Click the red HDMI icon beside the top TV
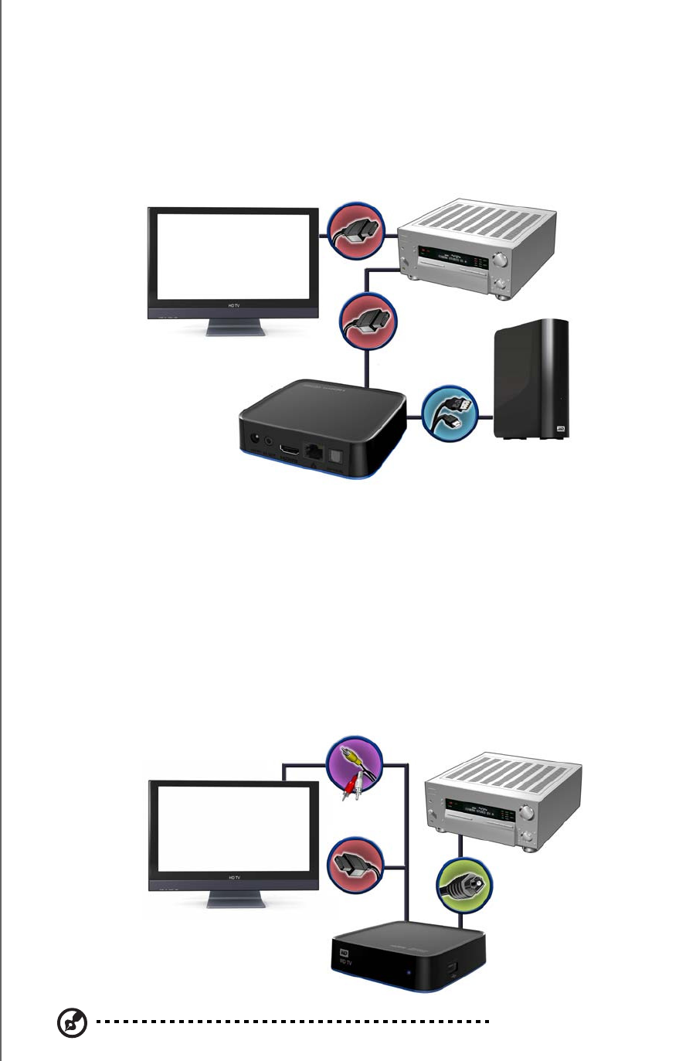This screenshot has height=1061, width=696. coord(355,230)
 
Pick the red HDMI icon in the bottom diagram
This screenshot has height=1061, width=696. coord(356,867)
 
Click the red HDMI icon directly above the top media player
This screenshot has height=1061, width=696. coord(369,323)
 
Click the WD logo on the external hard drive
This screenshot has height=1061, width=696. coord(558,427)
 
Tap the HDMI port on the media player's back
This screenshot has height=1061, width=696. coord(289,449)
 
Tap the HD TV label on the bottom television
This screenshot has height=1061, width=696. coord(233,878)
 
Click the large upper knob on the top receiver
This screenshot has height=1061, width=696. coord(503,259)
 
